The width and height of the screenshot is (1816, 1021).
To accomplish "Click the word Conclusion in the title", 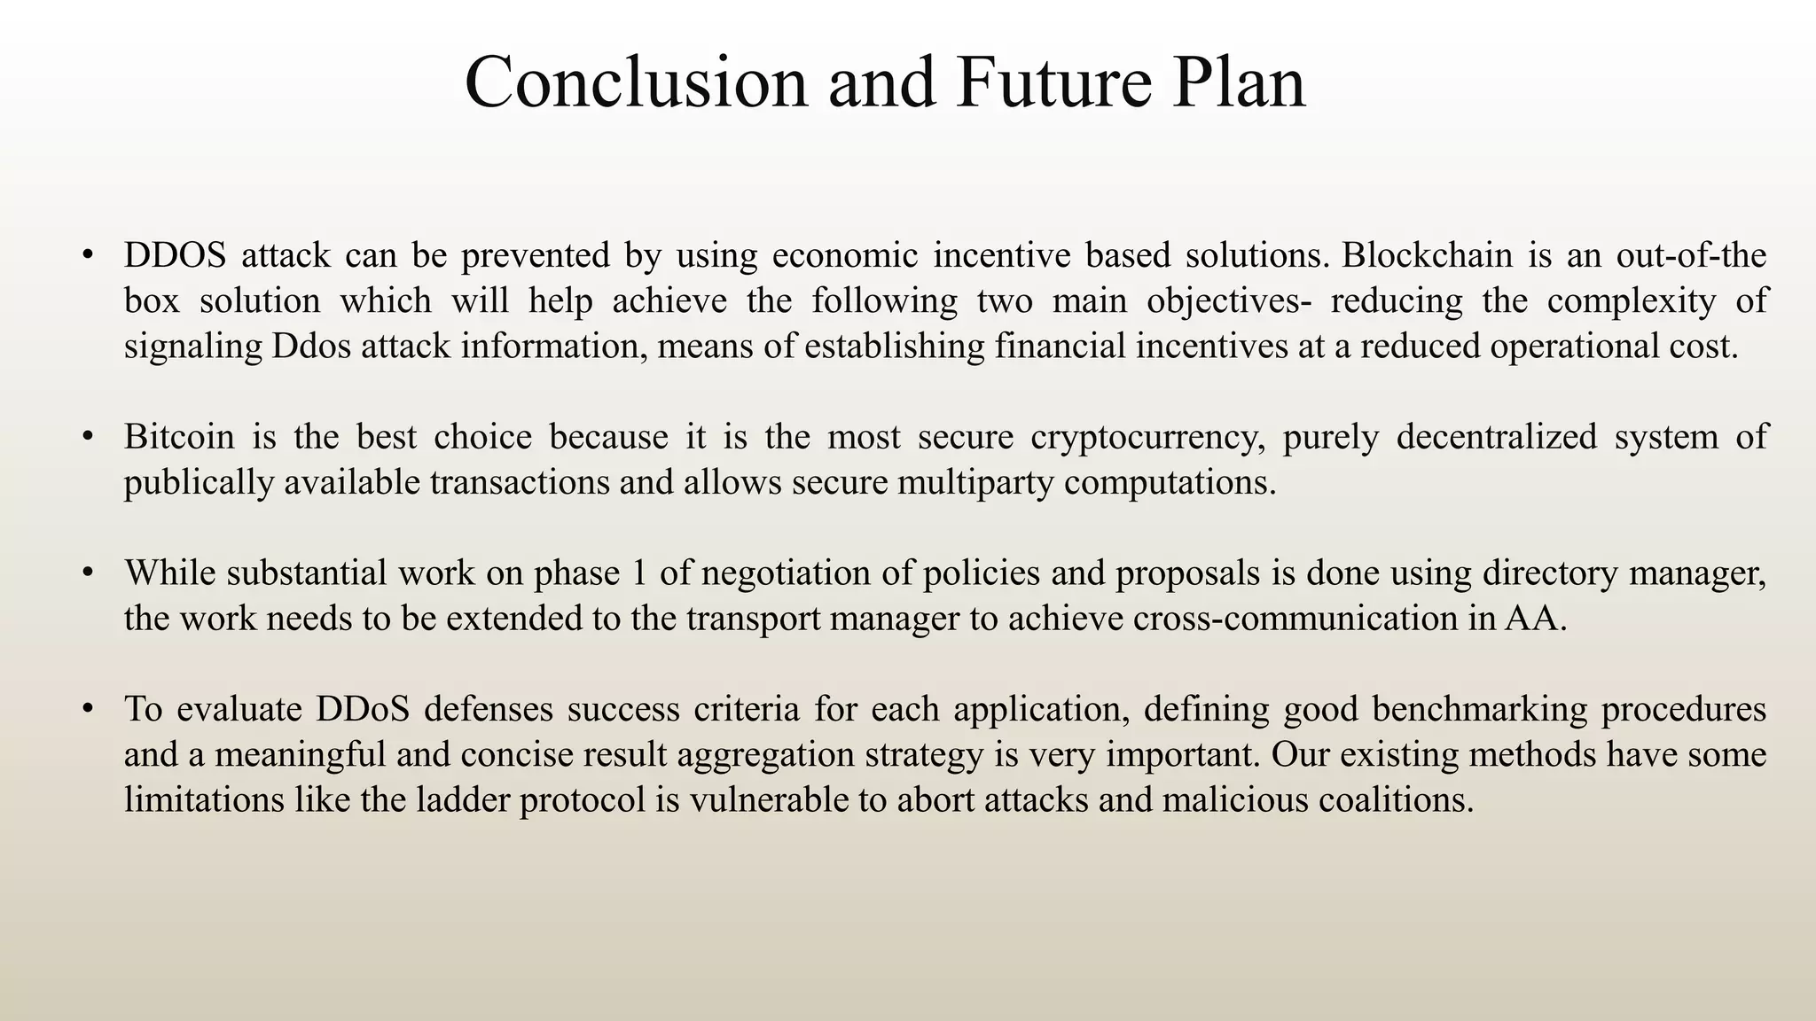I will (636, 82).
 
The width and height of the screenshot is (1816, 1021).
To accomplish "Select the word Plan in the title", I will (1238, 82).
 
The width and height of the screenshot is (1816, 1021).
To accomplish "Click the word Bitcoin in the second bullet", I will (179, 437).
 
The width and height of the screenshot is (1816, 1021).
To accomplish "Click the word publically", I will (199, 483).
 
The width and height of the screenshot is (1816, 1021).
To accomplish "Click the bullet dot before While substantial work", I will (87, 573).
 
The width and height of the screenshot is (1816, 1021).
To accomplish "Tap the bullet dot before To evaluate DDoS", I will (87, 709).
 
